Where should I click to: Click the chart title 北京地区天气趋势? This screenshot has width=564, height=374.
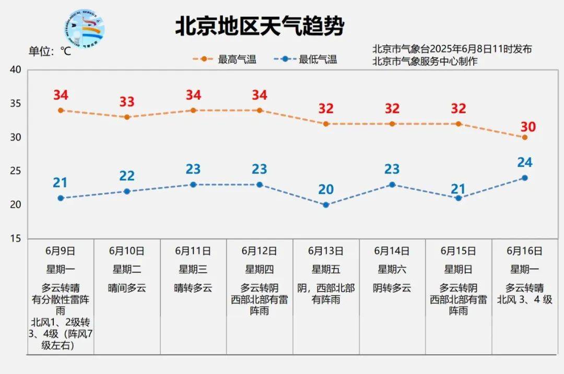point(260,27)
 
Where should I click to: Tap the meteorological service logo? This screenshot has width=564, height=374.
point(87,31)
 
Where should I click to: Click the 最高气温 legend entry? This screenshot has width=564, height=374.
point(225,60)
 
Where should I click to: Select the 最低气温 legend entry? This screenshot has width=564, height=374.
point(305,60)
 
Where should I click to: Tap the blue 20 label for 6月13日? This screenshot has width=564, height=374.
point(325,189)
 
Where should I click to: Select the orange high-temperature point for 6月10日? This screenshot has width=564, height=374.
point(127,117)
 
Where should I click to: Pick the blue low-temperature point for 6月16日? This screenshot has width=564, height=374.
point(524,178)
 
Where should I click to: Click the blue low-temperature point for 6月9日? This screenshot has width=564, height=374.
point(61,198)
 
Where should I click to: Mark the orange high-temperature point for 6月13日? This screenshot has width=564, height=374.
point(326,124)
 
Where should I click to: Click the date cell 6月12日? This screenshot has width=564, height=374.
point(260,251)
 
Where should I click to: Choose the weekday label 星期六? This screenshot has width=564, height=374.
point(392,270)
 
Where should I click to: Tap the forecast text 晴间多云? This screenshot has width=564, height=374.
point(127,288)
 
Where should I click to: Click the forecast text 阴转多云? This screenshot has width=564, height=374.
point(392,288)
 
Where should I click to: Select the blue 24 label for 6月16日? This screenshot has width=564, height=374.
point(524,162)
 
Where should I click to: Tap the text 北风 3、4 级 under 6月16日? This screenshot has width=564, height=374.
point(524,299)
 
